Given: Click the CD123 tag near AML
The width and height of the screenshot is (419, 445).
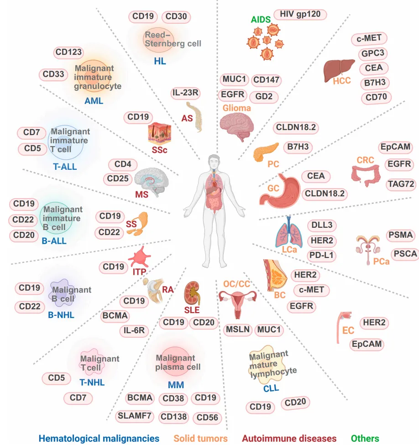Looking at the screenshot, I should pos(69,52).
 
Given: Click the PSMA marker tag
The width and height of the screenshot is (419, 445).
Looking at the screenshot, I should pos(400,236).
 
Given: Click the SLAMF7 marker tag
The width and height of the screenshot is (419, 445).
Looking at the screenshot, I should pos(135,415).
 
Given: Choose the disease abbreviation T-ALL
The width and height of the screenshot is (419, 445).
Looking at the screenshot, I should pos(63,167).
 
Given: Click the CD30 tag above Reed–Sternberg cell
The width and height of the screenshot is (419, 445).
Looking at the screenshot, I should pos(175,17).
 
